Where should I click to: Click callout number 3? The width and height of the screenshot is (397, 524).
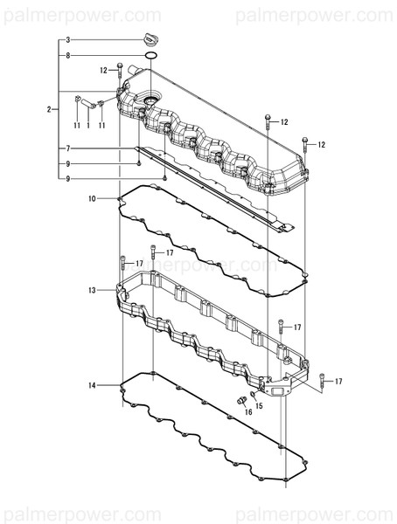(67, 40)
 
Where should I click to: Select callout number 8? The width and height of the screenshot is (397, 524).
(67, 55)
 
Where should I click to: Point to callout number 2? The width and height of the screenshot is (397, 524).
(49, 108)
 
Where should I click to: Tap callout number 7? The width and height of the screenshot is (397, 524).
(67, 148)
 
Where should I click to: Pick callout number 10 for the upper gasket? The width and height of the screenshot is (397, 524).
(92, 199)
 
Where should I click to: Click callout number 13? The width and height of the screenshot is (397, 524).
(92, 290)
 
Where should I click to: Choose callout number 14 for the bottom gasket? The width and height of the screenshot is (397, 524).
(92, 385)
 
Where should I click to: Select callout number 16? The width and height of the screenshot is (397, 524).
(247, 411)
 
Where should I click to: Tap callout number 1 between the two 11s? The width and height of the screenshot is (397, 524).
(89, 126)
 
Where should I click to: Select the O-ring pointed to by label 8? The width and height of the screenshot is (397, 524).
(151, 57)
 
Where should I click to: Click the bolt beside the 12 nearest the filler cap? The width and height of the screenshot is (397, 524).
(118, 71)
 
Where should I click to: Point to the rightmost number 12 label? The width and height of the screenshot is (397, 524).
(321, 144)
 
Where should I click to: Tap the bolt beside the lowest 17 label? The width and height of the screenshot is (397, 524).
(322, 379)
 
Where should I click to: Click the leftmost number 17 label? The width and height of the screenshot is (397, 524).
(138, 263)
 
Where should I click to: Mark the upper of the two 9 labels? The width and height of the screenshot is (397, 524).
(67, 164)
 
